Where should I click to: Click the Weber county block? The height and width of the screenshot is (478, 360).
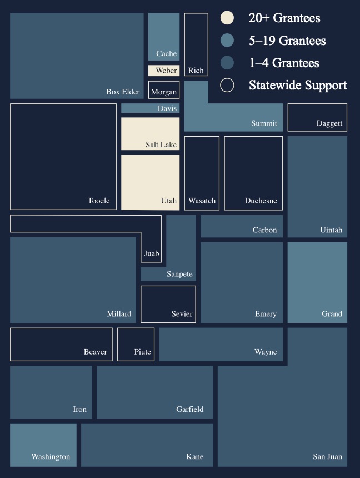pos(164,71)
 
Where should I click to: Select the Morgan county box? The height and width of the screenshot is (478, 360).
pos(164,89)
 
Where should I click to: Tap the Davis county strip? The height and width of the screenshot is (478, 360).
pos(150,108)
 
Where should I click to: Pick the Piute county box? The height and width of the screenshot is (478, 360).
pos(136,344)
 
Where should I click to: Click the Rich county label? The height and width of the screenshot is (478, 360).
pos(196,71)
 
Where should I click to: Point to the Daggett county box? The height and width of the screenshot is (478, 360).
pos(317,117)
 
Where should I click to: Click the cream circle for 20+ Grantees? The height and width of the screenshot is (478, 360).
pos(227,18)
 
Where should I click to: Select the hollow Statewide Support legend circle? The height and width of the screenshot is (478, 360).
pos(227,85)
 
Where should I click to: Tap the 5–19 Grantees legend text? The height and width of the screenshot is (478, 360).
pos(287,41)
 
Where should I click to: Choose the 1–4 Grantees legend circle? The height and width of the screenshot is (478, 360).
pos(227,63)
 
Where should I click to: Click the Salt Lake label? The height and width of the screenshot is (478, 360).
pos(161,145)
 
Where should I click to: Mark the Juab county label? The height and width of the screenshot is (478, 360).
pos(152,253)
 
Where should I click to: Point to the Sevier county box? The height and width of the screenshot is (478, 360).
pos(168,304)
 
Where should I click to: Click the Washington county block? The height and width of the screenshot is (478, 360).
pos(43,445)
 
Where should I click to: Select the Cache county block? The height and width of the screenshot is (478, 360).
pos(164,36)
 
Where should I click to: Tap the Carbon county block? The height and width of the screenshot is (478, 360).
pos(242,226)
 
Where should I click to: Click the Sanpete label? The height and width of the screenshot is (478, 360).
pos(179,274)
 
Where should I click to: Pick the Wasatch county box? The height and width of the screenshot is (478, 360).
pos(202,173)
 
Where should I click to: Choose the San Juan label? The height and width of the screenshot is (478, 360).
pos(327,457)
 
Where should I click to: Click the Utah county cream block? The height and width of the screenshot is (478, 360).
pos(150,182)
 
